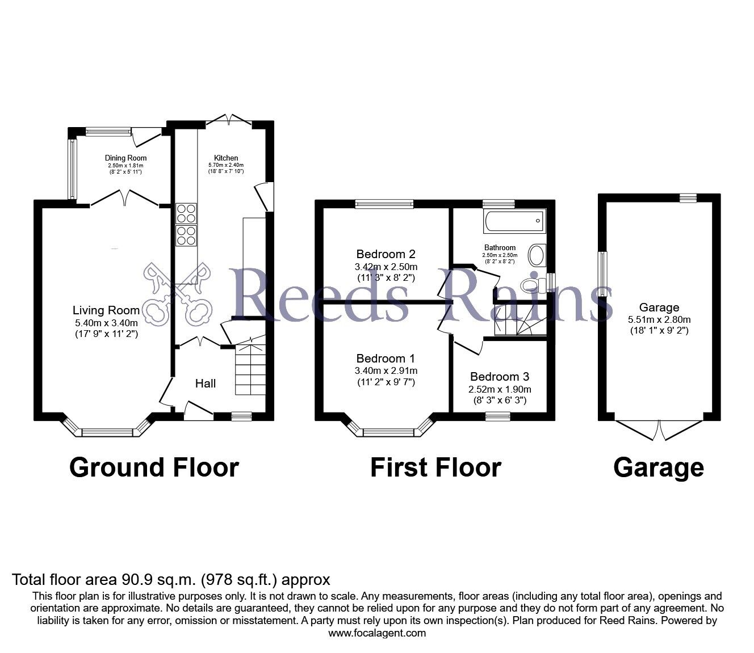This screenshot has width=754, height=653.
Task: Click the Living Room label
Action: pos(106,310)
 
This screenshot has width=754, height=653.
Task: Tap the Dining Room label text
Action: pos(125,158)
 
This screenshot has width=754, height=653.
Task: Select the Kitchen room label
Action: pos(225,158)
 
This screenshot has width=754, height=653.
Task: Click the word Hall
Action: pos(206,384)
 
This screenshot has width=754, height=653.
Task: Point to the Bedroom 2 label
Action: pos(386,254)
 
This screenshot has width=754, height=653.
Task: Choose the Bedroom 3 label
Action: pos(500,377)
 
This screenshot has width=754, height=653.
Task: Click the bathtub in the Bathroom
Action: pos(514,221)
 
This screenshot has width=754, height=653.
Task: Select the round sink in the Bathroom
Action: pos(536,255)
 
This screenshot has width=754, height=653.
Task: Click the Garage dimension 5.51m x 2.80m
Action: pos(659,319)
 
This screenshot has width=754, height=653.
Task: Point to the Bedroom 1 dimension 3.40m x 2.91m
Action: pos(386,371)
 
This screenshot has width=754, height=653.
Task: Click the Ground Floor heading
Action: pos(154,468)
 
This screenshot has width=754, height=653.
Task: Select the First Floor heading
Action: pos(435,468)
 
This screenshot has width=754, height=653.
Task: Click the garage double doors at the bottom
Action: pos(660,429)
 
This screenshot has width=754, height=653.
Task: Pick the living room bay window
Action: pos(107,432)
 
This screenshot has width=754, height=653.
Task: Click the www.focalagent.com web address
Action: pos(377,633)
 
